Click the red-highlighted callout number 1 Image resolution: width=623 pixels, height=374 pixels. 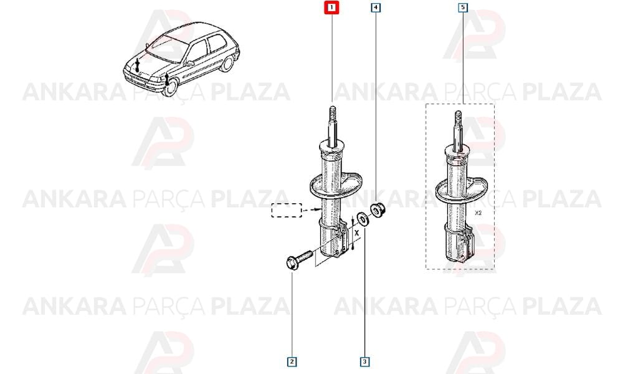click(332, 7)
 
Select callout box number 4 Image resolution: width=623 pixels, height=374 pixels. click(376, 7)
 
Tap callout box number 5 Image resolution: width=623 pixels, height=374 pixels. click(463, 7)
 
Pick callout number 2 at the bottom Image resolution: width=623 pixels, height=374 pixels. click(292, 362)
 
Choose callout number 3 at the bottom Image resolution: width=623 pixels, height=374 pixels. click(364, 362)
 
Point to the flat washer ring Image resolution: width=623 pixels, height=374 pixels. click(363, 219)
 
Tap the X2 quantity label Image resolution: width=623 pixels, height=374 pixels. click(478, 213)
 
